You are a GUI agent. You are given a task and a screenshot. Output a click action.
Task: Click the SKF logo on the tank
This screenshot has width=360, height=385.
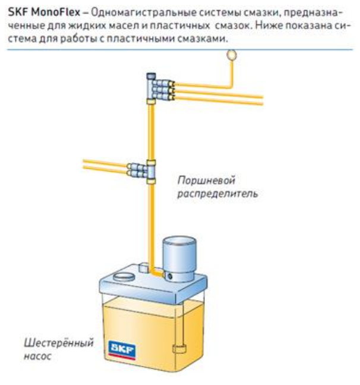122,349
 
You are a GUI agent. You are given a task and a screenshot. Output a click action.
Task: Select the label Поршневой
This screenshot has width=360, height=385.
206,181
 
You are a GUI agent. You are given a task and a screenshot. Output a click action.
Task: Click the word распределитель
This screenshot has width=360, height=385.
217,194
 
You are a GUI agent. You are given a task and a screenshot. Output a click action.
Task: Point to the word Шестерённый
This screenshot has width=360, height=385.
59,343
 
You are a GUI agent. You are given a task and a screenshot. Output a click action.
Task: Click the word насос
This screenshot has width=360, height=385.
37,356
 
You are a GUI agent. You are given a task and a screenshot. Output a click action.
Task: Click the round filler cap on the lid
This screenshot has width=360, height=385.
124,277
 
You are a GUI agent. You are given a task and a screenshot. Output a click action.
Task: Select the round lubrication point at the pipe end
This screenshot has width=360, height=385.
232,55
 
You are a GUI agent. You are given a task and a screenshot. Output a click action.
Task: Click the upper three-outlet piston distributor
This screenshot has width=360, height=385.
160,89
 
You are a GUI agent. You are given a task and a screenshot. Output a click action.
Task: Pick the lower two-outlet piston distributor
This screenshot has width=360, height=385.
142,171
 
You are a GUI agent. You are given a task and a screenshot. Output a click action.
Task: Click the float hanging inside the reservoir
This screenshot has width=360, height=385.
179,348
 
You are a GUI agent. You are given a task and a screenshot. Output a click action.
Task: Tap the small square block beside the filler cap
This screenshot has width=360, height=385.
143,267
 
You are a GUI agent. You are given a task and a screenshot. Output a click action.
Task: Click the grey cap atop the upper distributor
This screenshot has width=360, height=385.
151,76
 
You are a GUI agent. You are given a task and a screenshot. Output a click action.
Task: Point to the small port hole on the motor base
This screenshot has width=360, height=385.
170,277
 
